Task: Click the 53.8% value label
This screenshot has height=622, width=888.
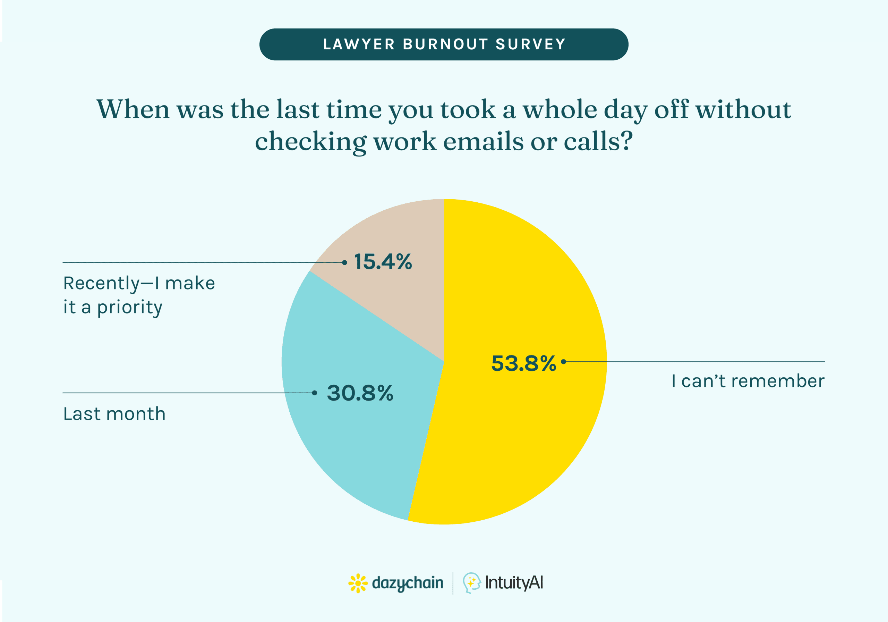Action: tap(523, 363)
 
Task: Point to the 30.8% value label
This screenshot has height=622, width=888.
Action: tap(360, 393)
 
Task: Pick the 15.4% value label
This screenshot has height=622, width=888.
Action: tap(383, 262)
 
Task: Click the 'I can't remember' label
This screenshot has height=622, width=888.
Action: tap(748, 381)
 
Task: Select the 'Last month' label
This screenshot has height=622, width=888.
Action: tap(114, 414)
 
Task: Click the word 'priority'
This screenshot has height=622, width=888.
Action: tap(130, 308)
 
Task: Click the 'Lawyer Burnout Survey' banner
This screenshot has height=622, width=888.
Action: tap(444, 44)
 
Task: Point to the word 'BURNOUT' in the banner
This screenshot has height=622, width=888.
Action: tap(445, 44)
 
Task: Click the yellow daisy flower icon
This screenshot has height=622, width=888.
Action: tap(358, 583)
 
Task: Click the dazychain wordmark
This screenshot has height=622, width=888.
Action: tap(407, 583)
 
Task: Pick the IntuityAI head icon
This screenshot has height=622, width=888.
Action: tap(471, 582)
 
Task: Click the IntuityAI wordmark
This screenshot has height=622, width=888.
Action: tap(514, 582)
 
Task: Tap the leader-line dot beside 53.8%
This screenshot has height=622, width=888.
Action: tap(564, 362)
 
